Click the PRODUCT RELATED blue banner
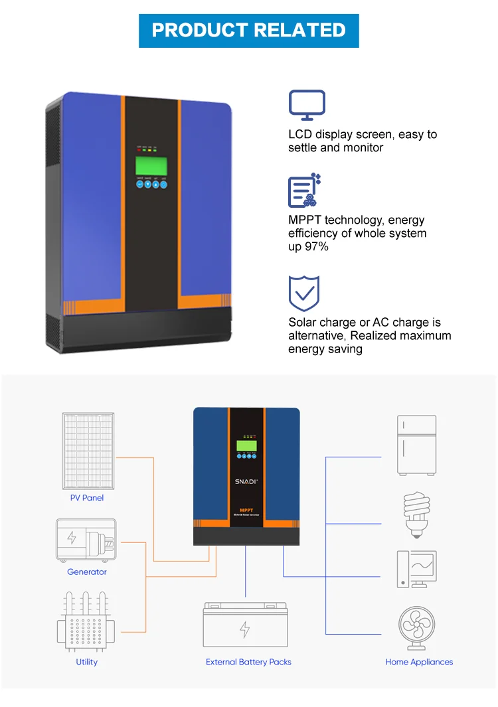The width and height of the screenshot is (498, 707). (x=249, y=31)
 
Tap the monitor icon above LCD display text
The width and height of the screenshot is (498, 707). (x=307, y=106)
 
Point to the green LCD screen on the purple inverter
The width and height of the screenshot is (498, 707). (x=151, y=165)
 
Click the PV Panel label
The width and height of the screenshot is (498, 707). (x=87, y=498)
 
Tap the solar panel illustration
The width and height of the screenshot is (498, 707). (x=88, y=451)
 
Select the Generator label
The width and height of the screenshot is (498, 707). (x=87, y=572)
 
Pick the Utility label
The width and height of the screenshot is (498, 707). (x=86, y=662)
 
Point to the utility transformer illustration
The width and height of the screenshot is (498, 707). (x=86, y=621)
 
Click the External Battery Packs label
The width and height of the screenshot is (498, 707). (x=248, y=662)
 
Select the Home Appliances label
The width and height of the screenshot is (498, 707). (x=419, y=662)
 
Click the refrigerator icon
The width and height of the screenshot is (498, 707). (x=417, y=445)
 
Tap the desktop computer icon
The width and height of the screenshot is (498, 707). (x=416, y=569)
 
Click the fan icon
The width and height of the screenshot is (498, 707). (x=417, y=627)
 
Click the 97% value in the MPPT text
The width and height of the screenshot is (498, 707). (x=317, y=247)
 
